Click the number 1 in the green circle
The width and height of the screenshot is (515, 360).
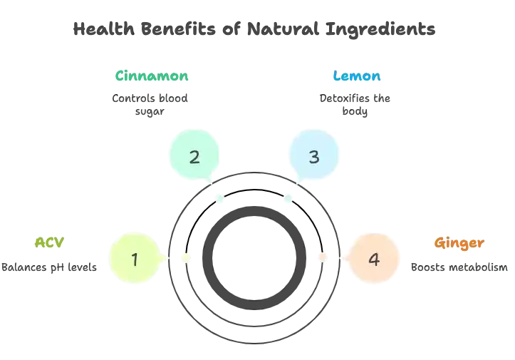[x=135, y=258]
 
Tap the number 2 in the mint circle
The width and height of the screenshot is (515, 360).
[x=194, y=156]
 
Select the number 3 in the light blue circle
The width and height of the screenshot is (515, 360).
[x=314, y=156]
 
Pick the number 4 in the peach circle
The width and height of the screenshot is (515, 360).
[x=373, y=258]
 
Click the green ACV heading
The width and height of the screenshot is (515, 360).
[x=50, y=242]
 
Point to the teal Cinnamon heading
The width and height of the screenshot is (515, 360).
[x=152, y=75]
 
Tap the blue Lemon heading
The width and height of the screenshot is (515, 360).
[x=355, y=75]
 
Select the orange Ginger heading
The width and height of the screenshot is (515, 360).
[x=459, y=242]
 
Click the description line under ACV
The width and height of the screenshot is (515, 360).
[x=52, y=268]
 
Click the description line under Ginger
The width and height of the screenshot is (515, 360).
[x=459, y=268]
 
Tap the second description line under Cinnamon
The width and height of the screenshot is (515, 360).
[x=149, y=113]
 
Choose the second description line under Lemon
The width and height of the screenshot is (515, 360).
[x=355, y=113]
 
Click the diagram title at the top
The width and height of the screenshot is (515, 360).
[x=253, y=30]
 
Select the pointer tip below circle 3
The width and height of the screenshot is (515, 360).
[x=286, y=203]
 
